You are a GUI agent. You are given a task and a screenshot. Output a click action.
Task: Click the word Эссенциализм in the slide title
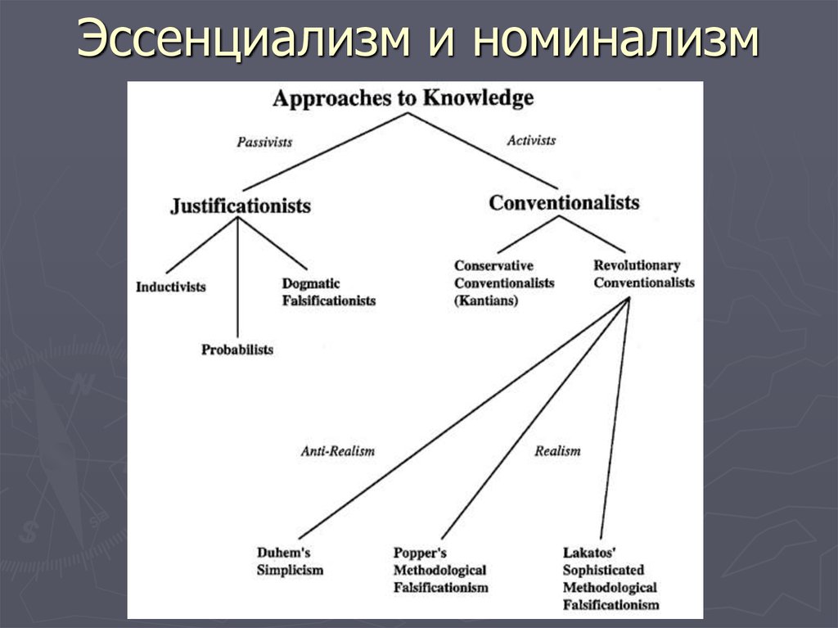[244, 38]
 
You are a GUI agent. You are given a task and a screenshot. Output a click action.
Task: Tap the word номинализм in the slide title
[616, 38]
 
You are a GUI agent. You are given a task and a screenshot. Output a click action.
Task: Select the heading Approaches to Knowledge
[403, 99]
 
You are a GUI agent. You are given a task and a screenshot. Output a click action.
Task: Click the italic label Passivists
[264, 142]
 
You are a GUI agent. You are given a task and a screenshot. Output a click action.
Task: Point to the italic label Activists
[531, 140]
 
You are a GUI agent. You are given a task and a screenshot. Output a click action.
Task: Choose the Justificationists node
[241, 206]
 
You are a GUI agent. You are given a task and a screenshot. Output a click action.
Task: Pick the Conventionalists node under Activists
[564, 203]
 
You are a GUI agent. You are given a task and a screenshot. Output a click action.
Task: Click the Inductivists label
[170, 287]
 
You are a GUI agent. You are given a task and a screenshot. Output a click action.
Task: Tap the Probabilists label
[237, 350]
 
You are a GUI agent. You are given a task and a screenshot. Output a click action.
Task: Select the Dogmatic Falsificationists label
[329, 292]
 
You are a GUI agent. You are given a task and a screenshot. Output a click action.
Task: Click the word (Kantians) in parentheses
[486, 300]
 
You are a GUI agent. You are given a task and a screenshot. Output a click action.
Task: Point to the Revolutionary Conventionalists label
[644, 274]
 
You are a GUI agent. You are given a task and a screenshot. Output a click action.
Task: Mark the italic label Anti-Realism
[337, 451]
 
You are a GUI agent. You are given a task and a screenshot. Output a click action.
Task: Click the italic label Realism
[557, 451]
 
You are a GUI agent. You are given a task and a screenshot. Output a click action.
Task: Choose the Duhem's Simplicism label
[291, 561]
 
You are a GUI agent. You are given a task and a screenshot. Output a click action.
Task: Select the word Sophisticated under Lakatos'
[603, 570]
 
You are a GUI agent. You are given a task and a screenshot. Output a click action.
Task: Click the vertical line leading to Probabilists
[237, 277]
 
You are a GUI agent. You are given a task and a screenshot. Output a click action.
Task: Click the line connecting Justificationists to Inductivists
[202, 246]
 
